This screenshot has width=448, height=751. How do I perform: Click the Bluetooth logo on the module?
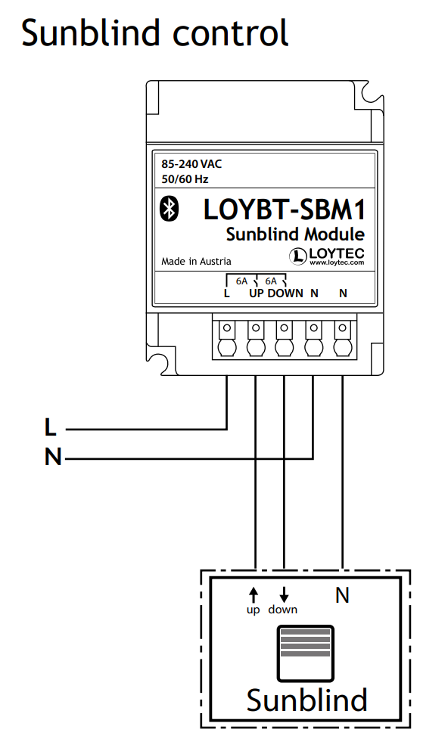pyautogui.click(x=169, y=209)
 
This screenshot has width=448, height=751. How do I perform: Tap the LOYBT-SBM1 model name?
pyautogui.click(x=285, y=209)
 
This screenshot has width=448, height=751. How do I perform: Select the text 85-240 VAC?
pyautogui.click(x=191, y=164)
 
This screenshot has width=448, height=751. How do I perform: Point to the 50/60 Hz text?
pyautogui.click(x=185, y=179)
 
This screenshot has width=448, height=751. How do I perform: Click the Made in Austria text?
pyautogui.click(x=196, y=262)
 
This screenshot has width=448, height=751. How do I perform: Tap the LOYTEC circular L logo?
pyautogui.click(x=298, y=256)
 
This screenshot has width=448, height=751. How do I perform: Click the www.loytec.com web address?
pyautogui.click(x=337, y=262)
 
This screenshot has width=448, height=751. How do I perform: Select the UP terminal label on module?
pyautogui.click(x=257, y=293)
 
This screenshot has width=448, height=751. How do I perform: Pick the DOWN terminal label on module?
pyautogui.click(x=285, y=293)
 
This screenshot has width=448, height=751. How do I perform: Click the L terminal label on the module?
pyautogui.click(x=226, y=293)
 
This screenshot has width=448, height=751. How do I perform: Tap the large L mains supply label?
pyautogui.click(x=50, y=427)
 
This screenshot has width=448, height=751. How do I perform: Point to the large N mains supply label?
pyautogui.click(x=53, y=457)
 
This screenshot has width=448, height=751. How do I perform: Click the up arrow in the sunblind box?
pyautogui.click(x=254, y=595)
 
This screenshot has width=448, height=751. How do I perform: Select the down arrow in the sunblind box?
pyautogui.click(x=284, y=595)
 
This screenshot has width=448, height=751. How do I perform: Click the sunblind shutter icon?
pyautogui.click(x=305, y=653)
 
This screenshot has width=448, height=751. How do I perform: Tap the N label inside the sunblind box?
pyautogui.click(x=342, y=595)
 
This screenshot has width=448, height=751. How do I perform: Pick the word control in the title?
pyautogui.click(x=231, y=33)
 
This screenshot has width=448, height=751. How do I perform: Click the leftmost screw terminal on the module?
pyautogui.click(x=226, y=338)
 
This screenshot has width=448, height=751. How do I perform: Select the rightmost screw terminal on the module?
pyautogui.click(x=342, y=338)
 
